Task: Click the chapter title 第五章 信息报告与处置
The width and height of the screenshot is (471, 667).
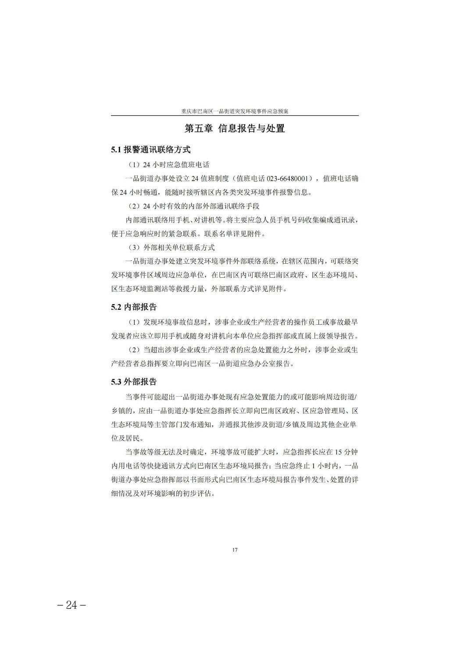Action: click(235, 129)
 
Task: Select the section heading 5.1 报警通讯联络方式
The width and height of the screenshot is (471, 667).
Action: click(151, 150)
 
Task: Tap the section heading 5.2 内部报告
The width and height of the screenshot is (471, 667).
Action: click(134, 307)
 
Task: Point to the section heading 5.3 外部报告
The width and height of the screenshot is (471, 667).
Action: click(134, 382)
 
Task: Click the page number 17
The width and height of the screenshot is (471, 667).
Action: click(235, 550)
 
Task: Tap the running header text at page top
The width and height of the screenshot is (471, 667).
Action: click(235, 111)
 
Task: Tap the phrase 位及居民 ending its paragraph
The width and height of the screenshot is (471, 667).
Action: click(125, 438)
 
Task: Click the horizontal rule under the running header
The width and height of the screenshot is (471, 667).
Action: click(235, 116)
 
